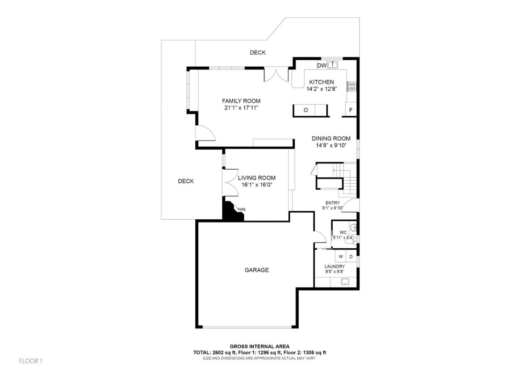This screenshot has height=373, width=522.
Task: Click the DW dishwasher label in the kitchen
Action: point(322,66)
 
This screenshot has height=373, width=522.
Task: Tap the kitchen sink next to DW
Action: point(333,65)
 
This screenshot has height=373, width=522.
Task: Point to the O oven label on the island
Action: point(306,110)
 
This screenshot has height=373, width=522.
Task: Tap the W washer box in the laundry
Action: point(340,257)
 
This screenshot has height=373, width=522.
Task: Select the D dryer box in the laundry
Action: point(351,257)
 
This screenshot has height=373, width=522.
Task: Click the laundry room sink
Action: point(345,282)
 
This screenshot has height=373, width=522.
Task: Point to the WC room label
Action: point(343,232)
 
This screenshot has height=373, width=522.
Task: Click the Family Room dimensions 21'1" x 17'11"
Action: point(241,108)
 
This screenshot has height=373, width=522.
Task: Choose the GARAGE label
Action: point(257,270)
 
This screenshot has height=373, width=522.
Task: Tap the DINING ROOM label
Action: point(331,138)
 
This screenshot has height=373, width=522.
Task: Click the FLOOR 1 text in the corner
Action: point(31,361)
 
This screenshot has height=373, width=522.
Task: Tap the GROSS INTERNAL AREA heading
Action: point(260,347)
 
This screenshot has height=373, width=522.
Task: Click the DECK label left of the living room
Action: point(186,181)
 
